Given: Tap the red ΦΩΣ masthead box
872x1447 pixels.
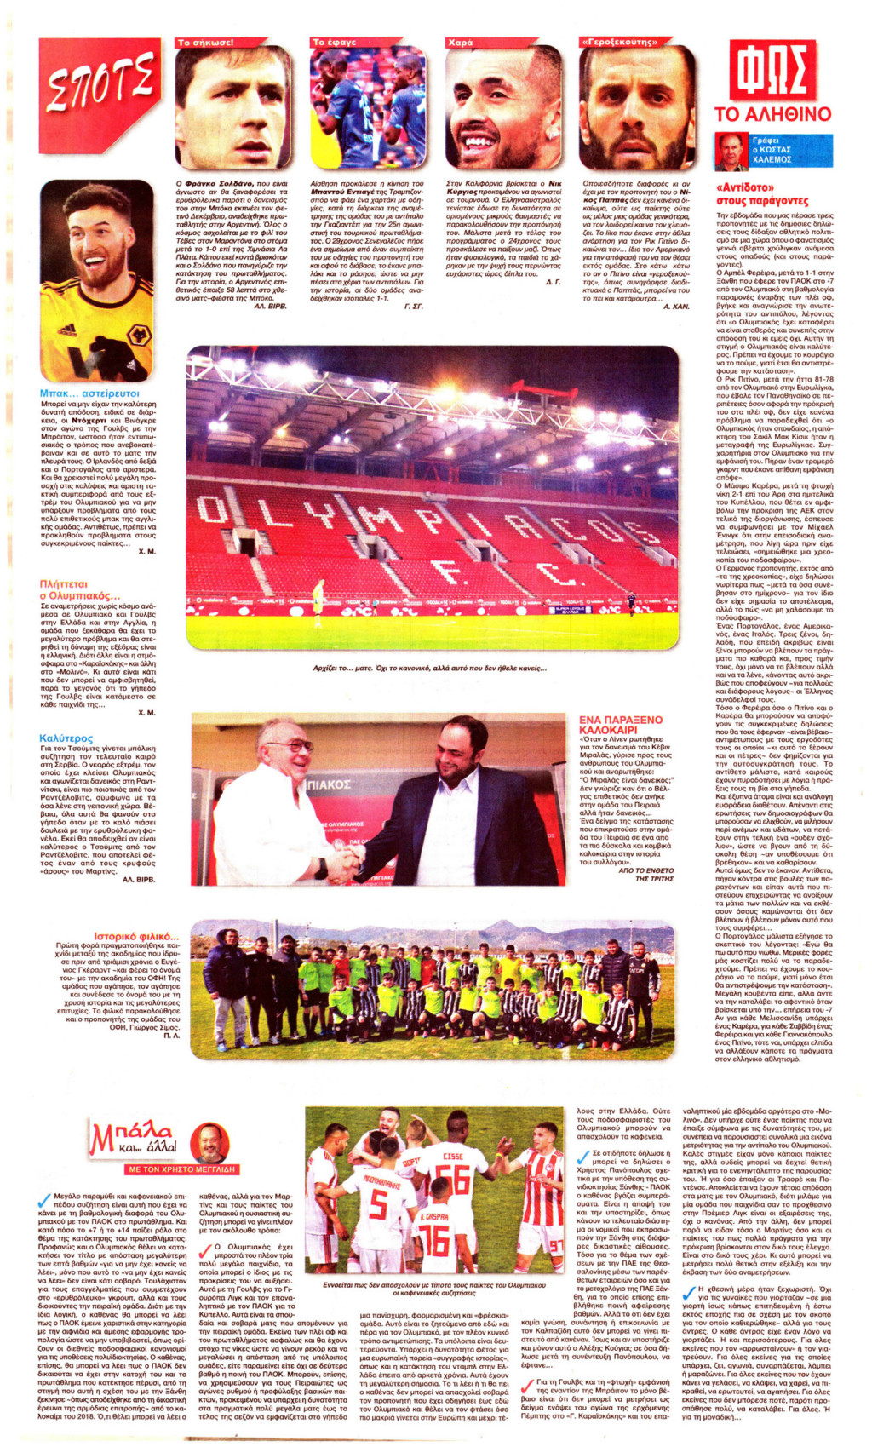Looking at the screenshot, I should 772,72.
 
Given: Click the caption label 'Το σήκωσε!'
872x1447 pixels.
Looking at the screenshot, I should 205,43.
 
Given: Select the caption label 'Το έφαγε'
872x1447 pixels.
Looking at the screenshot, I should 335,43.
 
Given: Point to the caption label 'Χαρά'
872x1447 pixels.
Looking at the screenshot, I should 461,43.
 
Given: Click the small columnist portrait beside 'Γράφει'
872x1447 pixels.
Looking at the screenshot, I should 731,150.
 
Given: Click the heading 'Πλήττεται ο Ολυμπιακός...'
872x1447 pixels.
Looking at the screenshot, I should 80,589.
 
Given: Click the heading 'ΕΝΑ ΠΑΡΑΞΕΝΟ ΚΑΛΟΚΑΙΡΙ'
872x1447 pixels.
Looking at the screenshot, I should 620,725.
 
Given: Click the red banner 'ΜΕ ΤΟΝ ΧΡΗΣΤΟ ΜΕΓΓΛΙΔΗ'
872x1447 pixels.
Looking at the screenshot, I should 181,1169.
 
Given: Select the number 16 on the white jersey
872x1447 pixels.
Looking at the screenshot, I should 435,1240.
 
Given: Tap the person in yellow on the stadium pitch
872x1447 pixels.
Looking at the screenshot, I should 318,593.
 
